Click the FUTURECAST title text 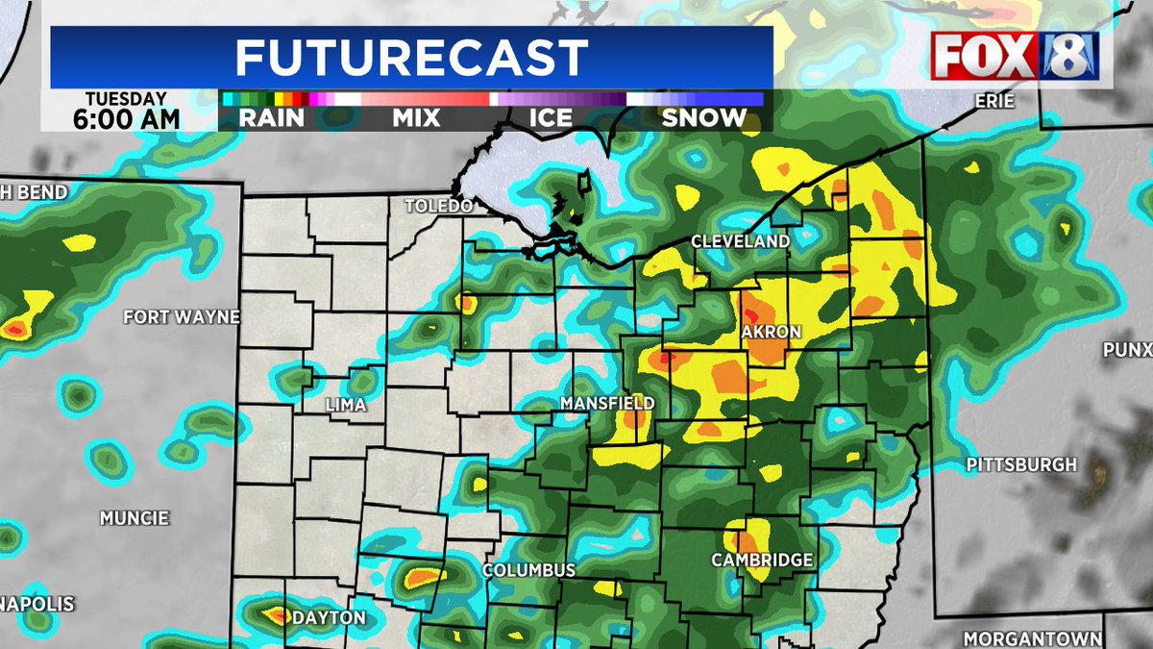(411, 58)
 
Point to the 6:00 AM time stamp (126, 119)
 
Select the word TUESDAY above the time (126, 99)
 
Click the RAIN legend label (273, 118)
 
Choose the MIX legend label (416, 118)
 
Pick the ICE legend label (551, 118)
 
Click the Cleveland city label (741, 241)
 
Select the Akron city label (771, 332)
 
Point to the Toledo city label (439, 207)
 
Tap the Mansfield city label (607, 403)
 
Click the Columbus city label (528, 570)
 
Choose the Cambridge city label (762, 561)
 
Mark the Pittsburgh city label (1021, 465)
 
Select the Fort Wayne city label (182, 316)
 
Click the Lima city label (346, 405)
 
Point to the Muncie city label (135, 518)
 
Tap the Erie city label (994, 99)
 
